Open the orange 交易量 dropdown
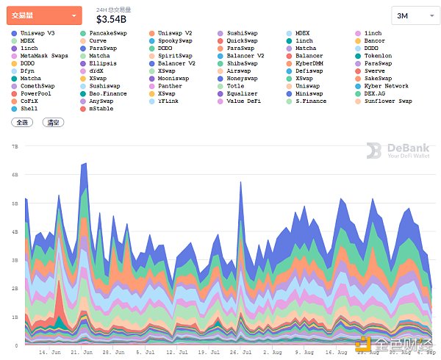click(45, 15)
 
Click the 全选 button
click(22, 123)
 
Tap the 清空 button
click(51, 123)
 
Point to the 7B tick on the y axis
click(15, 146)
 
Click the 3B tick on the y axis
click(15, 260)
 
